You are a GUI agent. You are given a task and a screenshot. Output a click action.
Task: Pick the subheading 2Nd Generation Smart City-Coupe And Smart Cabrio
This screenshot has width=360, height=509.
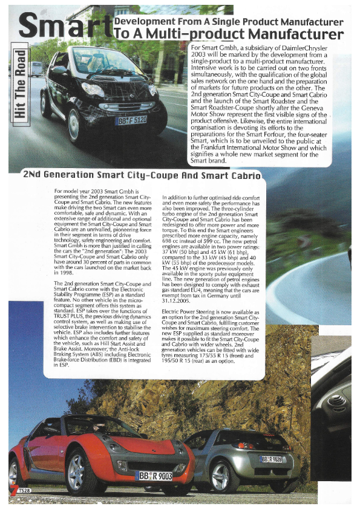[142, 176]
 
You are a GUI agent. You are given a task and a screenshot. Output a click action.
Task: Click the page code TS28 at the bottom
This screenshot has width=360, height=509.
[23, 488]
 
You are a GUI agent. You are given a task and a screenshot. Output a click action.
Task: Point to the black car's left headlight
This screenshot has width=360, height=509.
[92, 89]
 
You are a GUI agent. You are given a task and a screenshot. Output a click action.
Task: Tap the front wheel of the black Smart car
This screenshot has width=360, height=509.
[73, 125]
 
